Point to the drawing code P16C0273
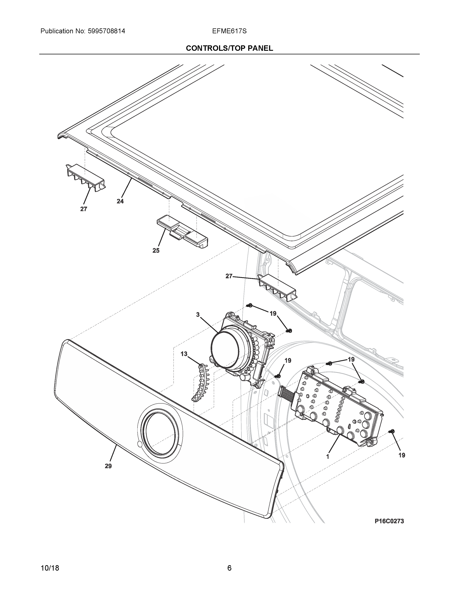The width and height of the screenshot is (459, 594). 389,521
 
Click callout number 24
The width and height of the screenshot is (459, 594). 120,201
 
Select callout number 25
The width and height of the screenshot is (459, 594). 156,251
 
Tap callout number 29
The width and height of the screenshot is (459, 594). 108,466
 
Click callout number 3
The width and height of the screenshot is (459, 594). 198,315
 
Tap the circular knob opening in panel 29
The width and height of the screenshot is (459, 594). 160,432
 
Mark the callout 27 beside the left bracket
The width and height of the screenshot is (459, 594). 84,209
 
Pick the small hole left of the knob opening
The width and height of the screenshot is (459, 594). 139,444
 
